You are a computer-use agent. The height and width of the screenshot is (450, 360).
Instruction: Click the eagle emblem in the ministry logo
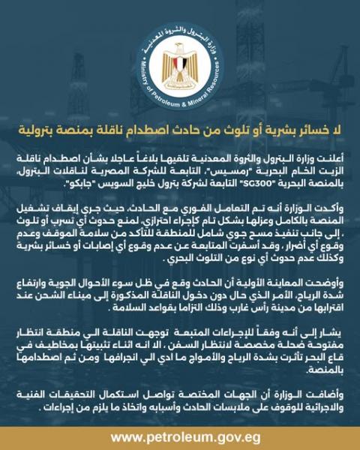click(180, 67)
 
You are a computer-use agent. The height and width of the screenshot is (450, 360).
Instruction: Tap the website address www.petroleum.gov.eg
click(180, 436)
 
